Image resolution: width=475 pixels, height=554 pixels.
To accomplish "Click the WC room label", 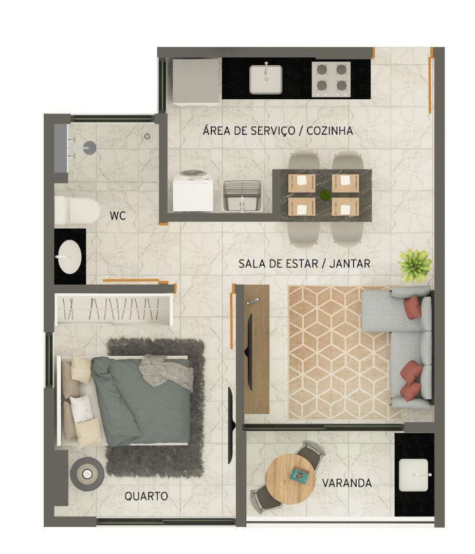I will tap(118, 216).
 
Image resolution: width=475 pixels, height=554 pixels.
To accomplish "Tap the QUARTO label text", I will tap(146, 496).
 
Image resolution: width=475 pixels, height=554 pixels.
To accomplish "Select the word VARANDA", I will tap(346, 483).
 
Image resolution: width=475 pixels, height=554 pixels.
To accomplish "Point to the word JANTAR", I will tap(350, 264).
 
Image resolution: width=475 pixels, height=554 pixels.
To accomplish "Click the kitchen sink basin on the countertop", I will tap(266, 80).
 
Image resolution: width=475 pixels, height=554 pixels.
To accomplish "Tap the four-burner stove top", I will tap(331, 79).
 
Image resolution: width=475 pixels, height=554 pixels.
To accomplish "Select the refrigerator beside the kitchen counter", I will tap(196, 82).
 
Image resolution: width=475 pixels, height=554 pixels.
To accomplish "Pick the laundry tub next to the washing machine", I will tap(242, 196).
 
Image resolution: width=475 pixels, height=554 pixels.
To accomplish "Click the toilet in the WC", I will tap(77, 210).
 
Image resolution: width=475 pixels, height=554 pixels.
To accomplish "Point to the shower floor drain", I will tap(148, 136).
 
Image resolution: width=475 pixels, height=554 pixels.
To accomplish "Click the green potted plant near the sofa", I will tap(415, 265).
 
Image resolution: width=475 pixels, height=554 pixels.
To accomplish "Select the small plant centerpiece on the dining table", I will tap(325, 195).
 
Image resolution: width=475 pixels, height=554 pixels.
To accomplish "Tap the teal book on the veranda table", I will tap(298, 474).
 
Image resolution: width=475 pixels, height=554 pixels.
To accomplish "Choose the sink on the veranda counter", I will tap(414, 475).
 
